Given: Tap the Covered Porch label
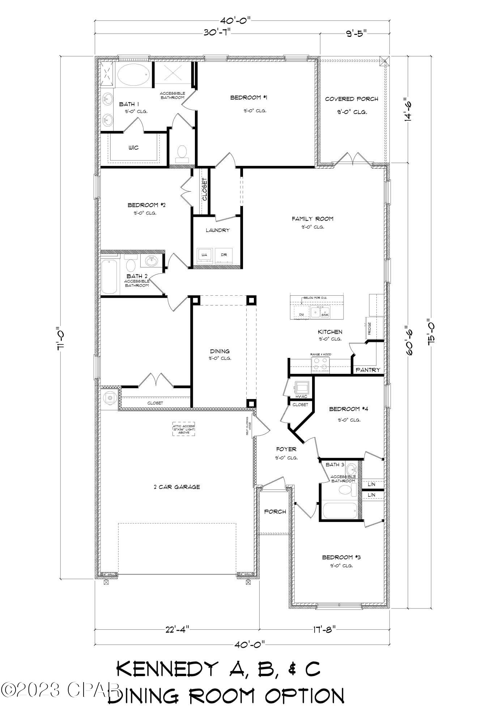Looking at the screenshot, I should (x=351, y=99).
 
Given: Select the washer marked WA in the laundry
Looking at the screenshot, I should (x=204, y=255).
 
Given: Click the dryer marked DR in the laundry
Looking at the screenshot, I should (x=224, y=255).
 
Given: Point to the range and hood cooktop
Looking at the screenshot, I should (x=320, y=364).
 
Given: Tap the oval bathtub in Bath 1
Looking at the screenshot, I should (x=133, y=75).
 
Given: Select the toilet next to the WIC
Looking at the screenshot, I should (x=182, y=153).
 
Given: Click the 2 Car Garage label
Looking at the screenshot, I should (x=176, y=487).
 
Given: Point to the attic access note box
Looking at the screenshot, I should (x=184, y=429).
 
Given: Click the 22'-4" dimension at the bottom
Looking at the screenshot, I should (x=177, y=629).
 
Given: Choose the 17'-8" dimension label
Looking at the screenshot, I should (x=324, y=629).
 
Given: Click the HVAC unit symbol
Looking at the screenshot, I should (x=302, y=387).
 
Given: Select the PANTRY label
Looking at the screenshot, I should (x=368, y=370).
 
